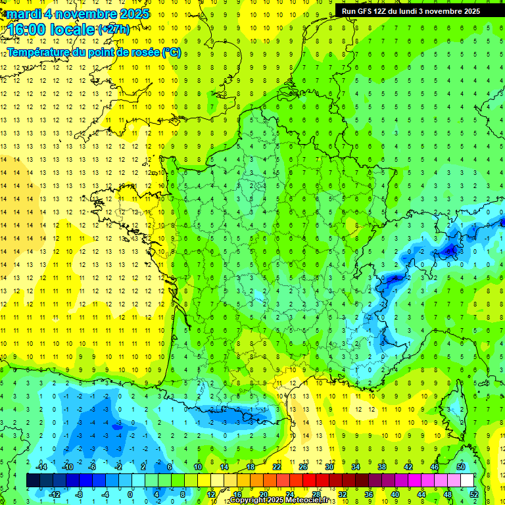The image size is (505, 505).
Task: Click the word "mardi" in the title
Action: coord(22,14)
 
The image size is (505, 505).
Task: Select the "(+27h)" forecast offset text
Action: coord(114,30)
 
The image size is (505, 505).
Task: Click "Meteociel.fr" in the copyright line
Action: coord(306,500)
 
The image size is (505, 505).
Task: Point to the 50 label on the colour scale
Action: coord(460,467)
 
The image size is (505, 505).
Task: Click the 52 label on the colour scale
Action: coord(473,494)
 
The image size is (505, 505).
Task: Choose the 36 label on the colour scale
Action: coord(369,494)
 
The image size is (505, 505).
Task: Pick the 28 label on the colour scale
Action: coord(316,494)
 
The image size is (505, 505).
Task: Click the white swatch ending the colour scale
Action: coord(467,480)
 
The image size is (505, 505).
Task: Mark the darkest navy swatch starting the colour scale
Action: coord(33,480)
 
